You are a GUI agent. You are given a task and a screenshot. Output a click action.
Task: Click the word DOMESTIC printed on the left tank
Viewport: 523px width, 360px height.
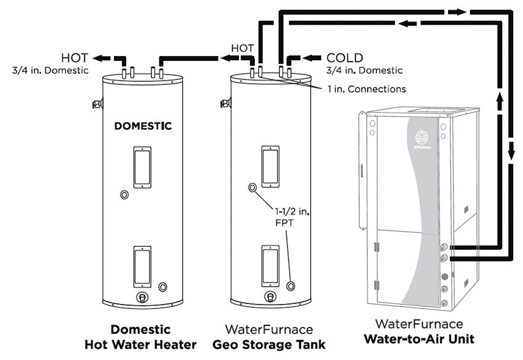tap(143, 126)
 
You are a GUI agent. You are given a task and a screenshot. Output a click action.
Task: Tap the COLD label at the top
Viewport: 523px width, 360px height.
tap(345, 58)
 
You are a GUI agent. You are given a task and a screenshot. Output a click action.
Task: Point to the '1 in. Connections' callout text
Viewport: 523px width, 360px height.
tap(366, 89)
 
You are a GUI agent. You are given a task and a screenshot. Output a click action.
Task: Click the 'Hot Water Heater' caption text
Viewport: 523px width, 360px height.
tap(140, 344)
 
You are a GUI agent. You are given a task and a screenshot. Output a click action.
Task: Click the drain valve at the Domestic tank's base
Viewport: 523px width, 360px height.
tap(142, 297)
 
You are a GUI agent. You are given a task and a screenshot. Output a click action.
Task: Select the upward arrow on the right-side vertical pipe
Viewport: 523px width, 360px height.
tap(500, 98)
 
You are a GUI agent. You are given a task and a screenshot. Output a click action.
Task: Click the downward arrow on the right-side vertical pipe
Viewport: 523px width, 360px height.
tap(511, 151)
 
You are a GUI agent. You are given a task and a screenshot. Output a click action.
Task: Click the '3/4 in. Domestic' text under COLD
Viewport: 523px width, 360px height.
tap(365, 70)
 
